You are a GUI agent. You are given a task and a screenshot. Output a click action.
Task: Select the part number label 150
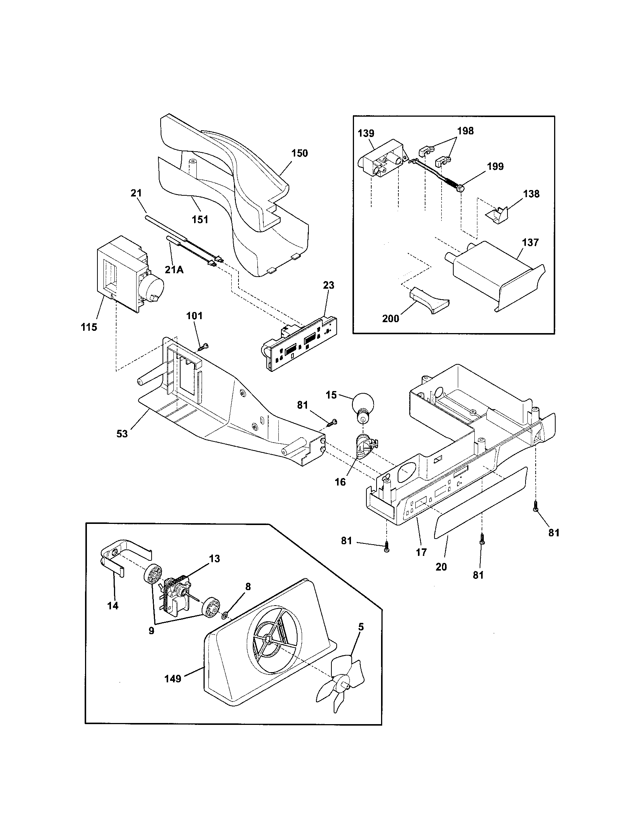point(299,154)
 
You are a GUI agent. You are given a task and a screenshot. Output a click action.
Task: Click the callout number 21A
point(174,269)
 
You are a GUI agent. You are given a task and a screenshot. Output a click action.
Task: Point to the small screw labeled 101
point(204,346)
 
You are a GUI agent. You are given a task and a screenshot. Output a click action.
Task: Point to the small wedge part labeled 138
point(496,216)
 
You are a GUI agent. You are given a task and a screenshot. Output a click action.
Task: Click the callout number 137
point(530,242)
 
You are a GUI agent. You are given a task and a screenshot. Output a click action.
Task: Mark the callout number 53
point(122,434)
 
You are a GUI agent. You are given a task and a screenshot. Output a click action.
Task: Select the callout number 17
point(421,552)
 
